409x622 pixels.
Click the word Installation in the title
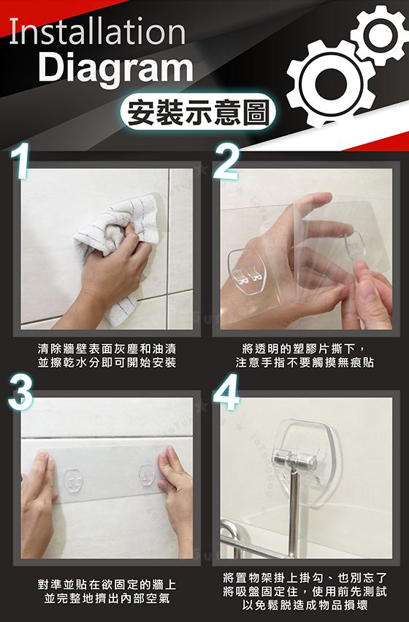(97, 31)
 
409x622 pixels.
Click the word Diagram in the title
(115, 68)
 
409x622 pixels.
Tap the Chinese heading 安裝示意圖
(199, 111)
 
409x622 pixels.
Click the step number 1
(21, 161)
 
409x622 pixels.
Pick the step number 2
(225, 161)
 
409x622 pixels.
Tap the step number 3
(21, 392)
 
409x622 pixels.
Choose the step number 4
(226, 392)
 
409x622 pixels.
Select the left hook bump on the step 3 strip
(73, 480)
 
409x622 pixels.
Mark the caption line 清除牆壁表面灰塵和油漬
(107, 349)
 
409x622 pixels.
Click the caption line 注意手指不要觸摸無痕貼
(305, 362)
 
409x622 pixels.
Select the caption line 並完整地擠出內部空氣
(107, 598)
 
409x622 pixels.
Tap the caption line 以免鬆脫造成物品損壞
(305, 605)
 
